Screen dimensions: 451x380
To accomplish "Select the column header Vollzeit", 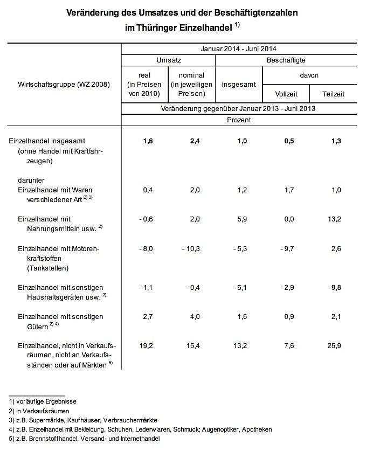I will [286, 94].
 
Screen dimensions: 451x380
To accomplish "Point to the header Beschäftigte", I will [286, 60].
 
